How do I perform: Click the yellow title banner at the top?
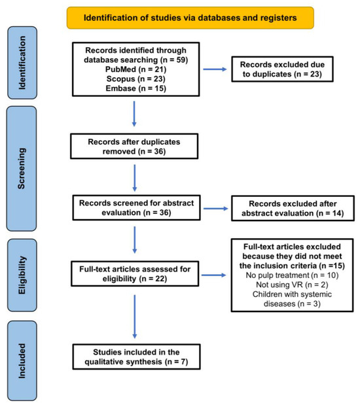click(190, 18)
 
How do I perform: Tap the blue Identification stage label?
click(22, 63)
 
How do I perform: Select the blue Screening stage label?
click(22, 168)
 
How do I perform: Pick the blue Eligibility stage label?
click(22, 275)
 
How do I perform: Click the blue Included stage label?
click(22, 361)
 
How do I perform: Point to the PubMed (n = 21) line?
click(135, 69)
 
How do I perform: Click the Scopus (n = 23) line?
click(135, 79)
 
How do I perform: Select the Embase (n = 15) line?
click(135, 88)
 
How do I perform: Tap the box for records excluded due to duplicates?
click(282, 69)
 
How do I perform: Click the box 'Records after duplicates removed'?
click(134, 146)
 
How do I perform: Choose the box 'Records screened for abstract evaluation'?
click(136, 207)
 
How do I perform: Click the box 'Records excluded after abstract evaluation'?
click(293, 209)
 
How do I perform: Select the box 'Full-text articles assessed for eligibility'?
click(135, 273)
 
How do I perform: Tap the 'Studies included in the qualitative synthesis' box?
click(136, 357)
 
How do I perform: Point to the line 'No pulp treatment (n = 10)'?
click(292, 275)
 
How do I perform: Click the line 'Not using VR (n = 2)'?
click(292, 285)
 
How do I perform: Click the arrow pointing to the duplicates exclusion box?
click(215, 69)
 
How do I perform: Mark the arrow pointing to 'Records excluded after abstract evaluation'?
click(216, 209)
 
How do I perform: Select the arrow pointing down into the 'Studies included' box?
click(135, 317)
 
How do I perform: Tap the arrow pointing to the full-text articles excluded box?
click(214, 275)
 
